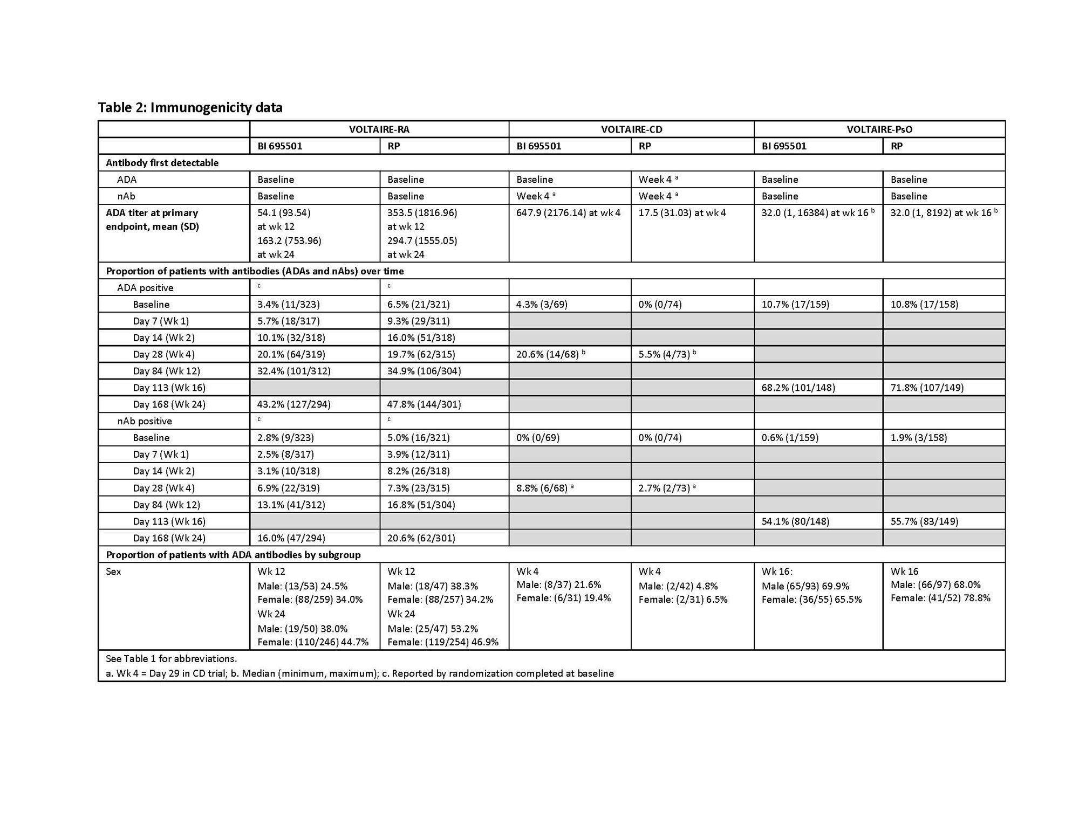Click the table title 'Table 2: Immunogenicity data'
tap(190, 107)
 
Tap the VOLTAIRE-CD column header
tap(631, 129)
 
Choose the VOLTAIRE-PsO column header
tap(879, 129)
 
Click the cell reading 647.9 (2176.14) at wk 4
tap(568, 213)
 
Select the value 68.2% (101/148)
tap(798, 388)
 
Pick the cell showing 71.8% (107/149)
tap(927, 388)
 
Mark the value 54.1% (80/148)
tap(795, 521)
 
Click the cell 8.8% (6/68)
tap(542, 488)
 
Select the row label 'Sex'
tap(113, 572)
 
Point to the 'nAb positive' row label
tap(145, 421)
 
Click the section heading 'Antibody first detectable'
tap(162, 163)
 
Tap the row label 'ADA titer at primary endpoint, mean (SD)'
tap(152, 220)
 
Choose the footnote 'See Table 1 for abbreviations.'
tap(171, 659)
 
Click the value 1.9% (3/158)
tap(919, 438)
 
